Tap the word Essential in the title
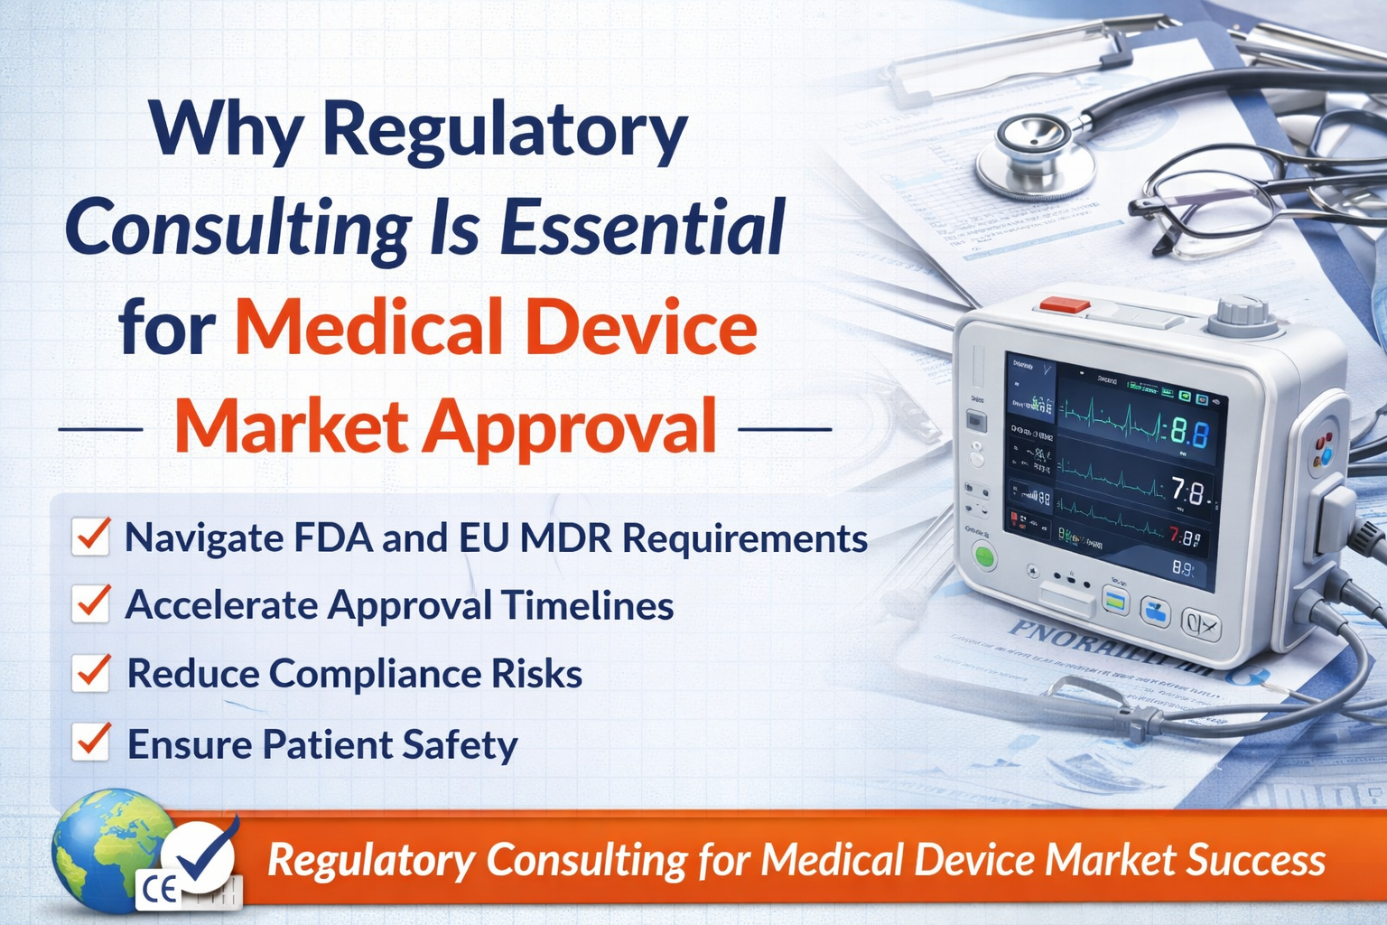coord(642,228)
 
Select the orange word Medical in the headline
coord(368,327)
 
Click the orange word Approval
coord(570,426)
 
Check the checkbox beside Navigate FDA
coord(91,537)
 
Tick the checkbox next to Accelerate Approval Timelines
coord(91,604)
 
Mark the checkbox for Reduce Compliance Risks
coord(91,673)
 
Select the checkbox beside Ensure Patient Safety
coord(91,743)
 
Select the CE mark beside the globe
coord(159,891)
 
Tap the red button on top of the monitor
coord(1064,305)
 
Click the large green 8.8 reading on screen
coord(1189,434)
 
